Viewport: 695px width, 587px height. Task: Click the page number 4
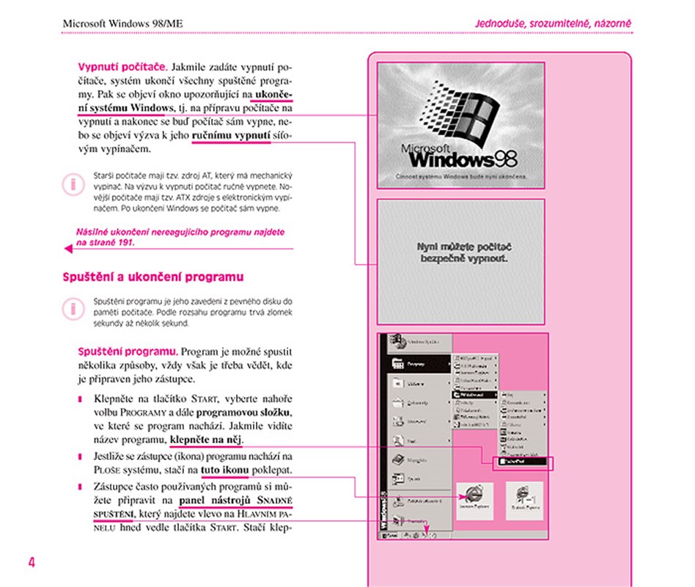click(32, 563)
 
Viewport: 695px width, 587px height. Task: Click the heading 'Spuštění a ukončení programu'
click(152, 277)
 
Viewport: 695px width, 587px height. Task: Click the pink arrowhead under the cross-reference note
click(68, 249)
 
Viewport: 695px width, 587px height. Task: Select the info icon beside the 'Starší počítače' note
click(73, 183)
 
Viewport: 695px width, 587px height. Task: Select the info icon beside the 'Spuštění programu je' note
click(73, 307)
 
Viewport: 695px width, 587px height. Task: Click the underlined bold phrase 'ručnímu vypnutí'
click(231, 136)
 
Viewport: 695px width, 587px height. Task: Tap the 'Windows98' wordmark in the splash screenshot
click(463, 157)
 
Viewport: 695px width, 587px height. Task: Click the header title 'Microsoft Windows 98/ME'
click(122, 23)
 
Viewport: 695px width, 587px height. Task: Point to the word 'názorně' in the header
click(611, 23)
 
